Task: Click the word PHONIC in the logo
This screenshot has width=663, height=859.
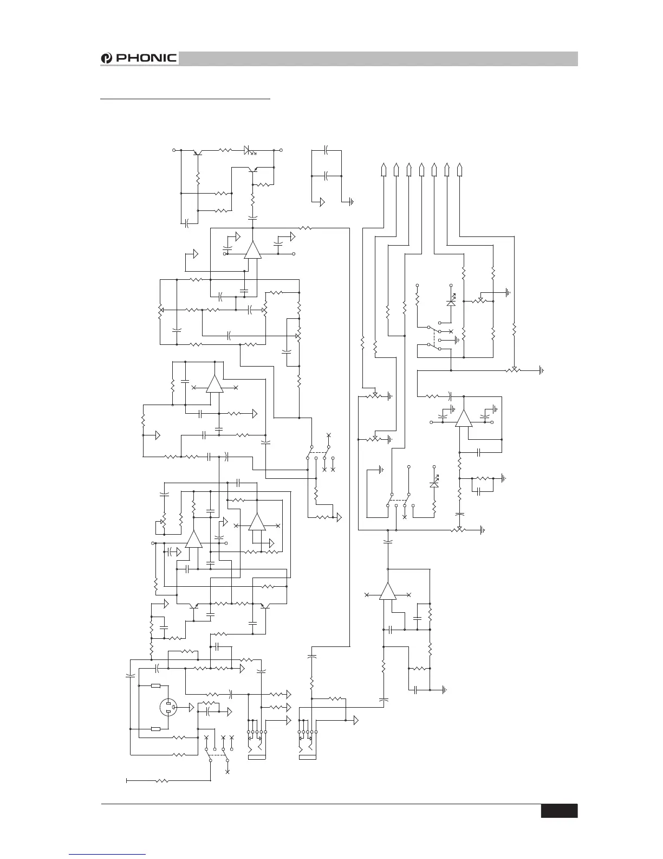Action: (147, 58)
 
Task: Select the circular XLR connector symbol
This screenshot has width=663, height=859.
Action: (171, 707)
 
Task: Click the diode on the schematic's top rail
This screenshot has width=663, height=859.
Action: (250, 149)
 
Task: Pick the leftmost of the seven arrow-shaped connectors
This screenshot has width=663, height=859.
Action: (383, 170)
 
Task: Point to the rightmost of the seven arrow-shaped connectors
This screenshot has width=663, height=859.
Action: (459, 170)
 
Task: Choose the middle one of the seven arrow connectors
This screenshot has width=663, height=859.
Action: (421, 170)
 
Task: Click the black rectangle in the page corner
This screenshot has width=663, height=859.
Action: (559, 811)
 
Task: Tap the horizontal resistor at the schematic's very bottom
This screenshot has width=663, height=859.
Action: (162, 781)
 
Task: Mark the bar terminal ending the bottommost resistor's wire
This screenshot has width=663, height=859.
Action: (127, 781)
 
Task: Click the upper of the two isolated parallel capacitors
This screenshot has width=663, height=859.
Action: (327, 149)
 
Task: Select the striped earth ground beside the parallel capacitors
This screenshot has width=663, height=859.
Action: (352, 202)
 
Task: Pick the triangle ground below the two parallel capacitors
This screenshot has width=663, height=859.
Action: (322, 202)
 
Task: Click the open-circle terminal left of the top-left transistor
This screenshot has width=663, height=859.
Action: (174, 149)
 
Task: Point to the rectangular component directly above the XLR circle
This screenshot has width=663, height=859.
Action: (156, 686)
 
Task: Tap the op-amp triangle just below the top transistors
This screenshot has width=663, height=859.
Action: (252, 250)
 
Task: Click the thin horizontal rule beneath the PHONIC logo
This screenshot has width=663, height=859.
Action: (185, 99)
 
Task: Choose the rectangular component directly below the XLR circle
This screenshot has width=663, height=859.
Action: (156, 729)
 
